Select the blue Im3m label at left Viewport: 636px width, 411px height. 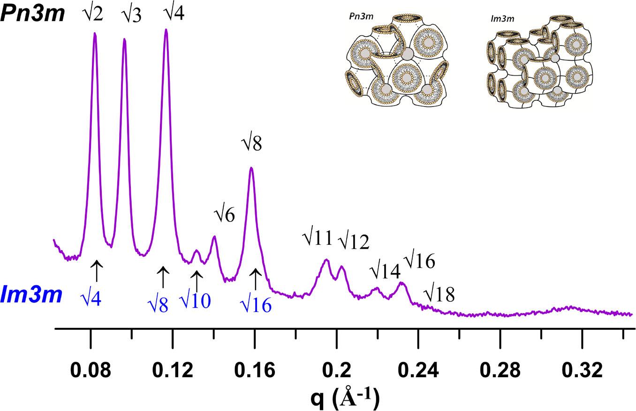click(31, 295)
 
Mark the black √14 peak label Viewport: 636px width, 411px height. click(384, 270)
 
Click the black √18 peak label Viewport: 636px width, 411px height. click(439, 295)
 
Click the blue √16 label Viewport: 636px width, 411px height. click(256, 305)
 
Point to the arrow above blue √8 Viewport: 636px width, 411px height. click(163, 277)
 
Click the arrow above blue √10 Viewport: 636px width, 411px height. click(197, 281)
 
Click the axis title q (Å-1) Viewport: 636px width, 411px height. click(345, 398)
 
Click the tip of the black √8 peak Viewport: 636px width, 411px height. click(251, 167)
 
